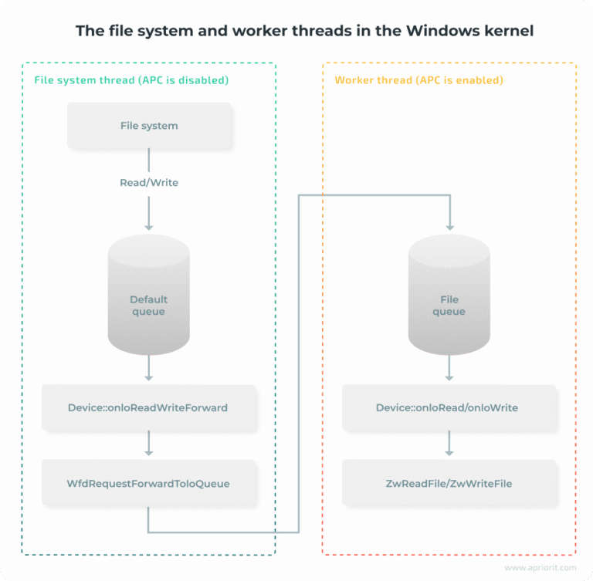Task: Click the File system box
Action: (x=148, y=126)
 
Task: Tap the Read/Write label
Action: (x=148, y=183)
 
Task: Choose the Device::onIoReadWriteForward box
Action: (x=148, y=407)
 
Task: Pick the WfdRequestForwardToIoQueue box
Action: (x=148, y=484)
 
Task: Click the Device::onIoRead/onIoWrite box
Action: (x=449, y=407)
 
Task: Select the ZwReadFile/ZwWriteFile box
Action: (x=449, y=484)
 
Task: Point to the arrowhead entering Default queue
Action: (x=148, y=226)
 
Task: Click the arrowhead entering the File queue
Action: (x=449, y=226)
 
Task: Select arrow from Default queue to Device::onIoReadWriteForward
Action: (x=148, y=370)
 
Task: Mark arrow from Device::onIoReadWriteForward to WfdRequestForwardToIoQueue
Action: (x=148, y=444)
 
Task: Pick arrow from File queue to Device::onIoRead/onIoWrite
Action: (x=449, y=370)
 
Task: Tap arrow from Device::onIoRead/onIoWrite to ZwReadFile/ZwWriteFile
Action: (x=449, y=444)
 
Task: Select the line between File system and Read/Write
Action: (x=148, y=160)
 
